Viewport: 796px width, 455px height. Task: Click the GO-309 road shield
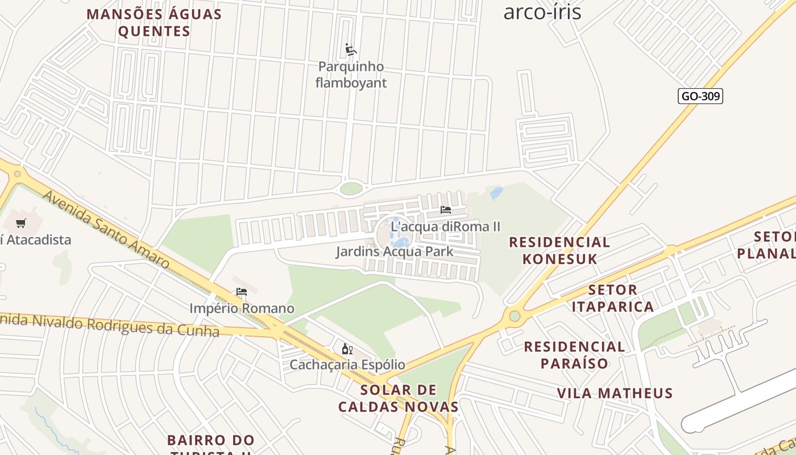click(700, 96)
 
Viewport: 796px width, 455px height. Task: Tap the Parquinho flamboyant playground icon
click(351, 50)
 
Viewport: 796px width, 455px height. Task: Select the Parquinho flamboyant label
click(351, 75)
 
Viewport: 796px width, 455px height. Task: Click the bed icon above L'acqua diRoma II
click(445, 210)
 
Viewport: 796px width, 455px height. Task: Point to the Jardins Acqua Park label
click(394, 251)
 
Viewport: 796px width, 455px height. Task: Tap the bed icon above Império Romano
click(242, 292)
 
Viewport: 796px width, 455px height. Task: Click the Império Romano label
click(242, 308)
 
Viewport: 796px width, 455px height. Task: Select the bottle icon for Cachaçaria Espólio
click(347, 349)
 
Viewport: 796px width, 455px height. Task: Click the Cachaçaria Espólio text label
click(347, 365)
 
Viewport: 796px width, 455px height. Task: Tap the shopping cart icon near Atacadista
click(21, 224)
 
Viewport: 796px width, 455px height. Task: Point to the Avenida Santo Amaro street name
click(106, 229)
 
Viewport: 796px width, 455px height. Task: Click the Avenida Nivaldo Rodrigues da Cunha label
click(108, 324)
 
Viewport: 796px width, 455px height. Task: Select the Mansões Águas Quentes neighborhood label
click(154, 22)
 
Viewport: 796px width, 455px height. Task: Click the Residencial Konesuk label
click(559, 250)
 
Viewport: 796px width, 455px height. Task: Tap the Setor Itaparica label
click(612, 298)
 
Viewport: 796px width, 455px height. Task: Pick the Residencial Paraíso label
click(574, 354)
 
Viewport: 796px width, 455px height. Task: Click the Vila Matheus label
click(615, 393)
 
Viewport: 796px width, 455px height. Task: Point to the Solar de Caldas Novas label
click(398, 398)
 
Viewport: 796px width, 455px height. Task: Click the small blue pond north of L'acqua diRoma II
click(496, 193)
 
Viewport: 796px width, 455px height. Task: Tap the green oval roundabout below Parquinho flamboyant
click(351, 188)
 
